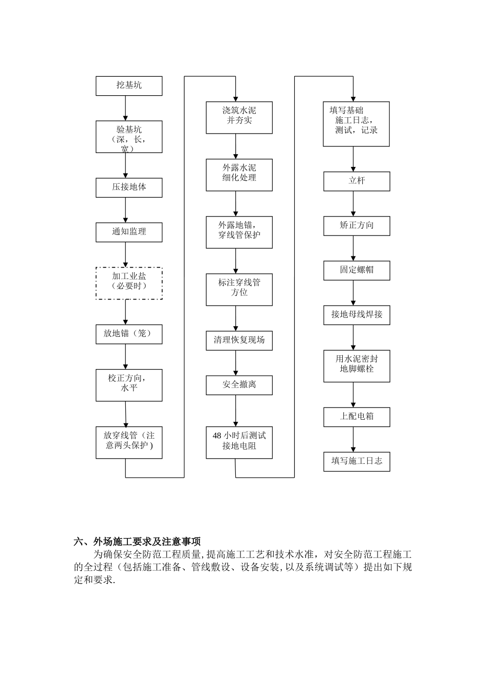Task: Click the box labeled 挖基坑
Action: tap(129, 85)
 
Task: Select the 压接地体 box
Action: tap(129, 187)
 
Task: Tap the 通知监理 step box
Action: tap(129, 232)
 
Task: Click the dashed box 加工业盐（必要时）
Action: tap(129, 283)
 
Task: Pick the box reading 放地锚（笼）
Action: tap(129, 334)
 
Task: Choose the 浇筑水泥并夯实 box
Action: tap(239, 117)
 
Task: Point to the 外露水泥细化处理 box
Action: tap(239, 175)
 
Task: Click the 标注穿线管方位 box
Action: tap(239, 289)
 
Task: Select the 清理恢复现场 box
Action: tap(239, 340)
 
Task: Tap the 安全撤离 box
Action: tap(239, 385)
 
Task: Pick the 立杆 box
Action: tap(357, 181)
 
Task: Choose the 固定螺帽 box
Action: tap(357, 270)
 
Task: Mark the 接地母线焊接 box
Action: tap(357, 315)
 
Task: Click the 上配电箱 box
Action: tap(357, 417)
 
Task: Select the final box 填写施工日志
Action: tap(357, 461)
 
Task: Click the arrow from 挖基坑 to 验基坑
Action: tap(126, 108)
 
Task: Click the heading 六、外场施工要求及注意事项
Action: tap(137, 542)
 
